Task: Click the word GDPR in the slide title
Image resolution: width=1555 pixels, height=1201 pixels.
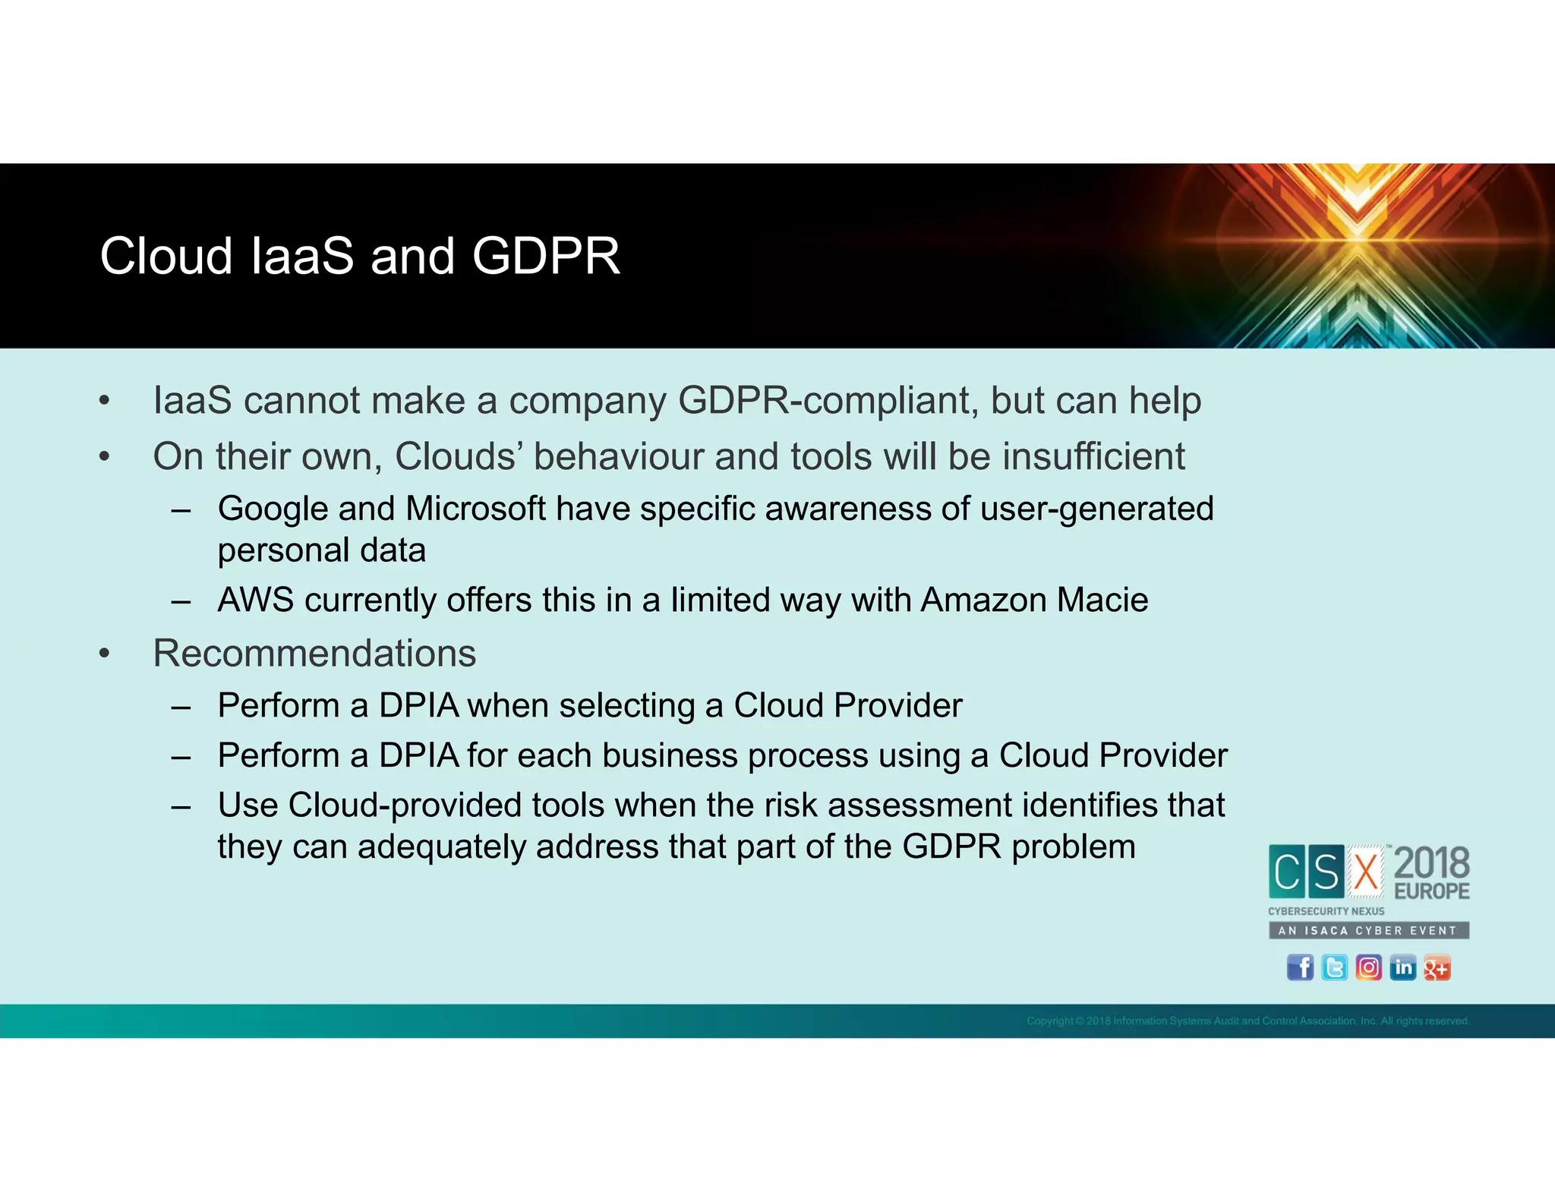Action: pos(546,257)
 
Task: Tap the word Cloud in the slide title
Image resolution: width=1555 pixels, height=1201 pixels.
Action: pos(166,257)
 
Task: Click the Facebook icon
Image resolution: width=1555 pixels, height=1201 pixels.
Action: pos(1300,968)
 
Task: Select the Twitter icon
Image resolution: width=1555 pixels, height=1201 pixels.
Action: pos(1334,968)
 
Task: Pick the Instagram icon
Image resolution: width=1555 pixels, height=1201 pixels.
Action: pos(1368,968)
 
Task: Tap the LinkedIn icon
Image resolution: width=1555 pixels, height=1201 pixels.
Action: pos(1402,968)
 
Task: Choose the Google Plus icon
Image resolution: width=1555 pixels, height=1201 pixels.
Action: pos(1437,968)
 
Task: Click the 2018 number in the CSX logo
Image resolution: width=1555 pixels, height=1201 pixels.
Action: pos(1431,863)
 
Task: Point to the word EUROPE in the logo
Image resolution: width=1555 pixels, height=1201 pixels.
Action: pos(1431,891)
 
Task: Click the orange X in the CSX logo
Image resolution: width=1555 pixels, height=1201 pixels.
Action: pos(1366,872)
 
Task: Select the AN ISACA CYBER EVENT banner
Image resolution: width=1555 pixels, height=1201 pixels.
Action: pos(1368,931)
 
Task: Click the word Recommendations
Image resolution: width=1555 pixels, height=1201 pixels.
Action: pos(314,654)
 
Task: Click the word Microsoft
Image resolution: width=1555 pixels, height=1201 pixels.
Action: pos(475,509)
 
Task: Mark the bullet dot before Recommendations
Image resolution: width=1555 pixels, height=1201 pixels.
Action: pos(105,654)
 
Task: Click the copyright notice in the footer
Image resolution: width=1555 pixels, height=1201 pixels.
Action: pos(1247,1021)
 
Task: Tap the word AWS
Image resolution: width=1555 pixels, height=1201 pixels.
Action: pos(255,600)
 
